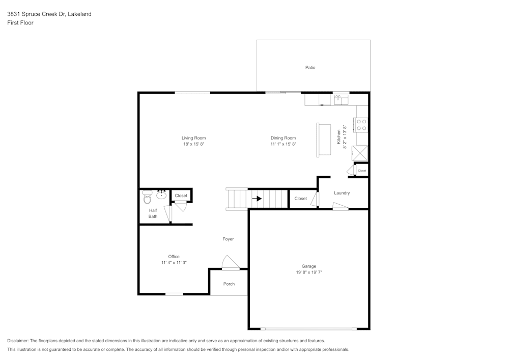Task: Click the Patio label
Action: tap(310, 67)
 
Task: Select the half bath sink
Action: tap(162, 195)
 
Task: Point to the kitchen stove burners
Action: tap(362, 125)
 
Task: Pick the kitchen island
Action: tap(323, 140)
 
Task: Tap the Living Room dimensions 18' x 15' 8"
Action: tap(193, 144)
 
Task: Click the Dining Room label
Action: tap(283, 138)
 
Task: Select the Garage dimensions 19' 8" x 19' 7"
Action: tap(309, 272)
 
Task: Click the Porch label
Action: tap(229, 284)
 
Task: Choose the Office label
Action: tap(174, 257)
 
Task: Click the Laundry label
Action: tap(342, 193)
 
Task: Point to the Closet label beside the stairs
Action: tap(300, 199)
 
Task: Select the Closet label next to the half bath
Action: tap(181, 196)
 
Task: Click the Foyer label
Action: tap(228, 239)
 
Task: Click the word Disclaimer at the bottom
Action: tap(18, 341)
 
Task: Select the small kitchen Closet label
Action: tap(362, 171)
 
